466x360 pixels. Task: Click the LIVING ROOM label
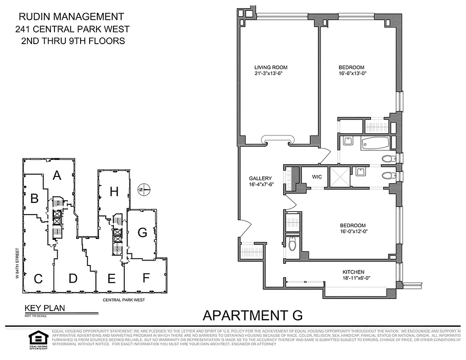(x=271, y=67)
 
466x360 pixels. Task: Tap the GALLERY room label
(x=260, y=178)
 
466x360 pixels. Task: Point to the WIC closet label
(x=317, y=177)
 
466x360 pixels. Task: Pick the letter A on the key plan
(x=57, y=175)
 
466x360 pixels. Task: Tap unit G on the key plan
(x=142, y=233)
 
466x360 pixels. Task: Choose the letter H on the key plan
(x=114, y=192)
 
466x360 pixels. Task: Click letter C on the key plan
(x=38, y=279)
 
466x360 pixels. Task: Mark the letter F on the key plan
(x=145, y=278)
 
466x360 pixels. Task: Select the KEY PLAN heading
(x=45, y=308)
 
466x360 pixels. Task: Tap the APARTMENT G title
(x=253, y=315)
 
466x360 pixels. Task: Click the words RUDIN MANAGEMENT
(x=71, y=17)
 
